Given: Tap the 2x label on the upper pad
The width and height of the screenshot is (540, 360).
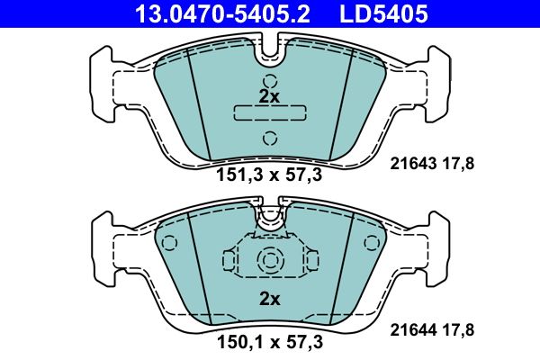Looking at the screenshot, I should (269, 95).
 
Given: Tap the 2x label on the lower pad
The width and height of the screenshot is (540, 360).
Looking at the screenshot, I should (269, 299).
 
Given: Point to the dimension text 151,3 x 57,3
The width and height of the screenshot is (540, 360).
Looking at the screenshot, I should (269, 175).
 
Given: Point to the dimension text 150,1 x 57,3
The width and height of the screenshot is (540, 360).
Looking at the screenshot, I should (269, 342).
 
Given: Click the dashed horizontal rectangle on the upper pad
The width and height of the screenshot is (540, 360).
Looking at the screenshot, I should (269, 113).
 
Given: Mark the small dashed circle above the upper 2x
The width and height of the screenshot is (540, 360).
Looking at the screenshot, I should (269, 78).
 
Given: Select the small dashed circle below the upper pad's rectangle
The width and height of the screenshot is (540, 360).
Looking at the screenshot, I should (269, 138).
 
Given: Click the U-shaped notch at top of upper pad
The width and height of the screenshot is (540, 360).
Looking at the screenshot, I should (269, 54).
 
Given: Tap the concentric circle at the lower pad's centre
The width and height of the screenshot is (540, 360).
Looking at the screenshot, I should (269, 260).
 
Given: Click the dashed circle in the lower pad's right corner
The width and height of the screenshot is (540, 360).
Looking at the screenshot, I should (372, 240).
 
